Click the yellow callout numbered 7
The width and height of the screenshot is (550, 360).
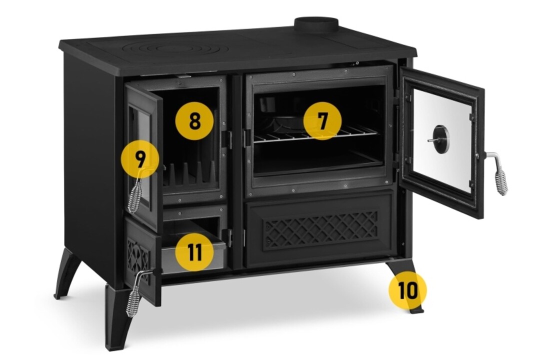tap(322, 120)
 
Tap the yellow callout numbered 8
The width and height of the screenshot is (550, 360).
tap(194, 121)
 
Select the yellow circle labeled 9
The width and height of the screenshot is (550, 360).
tap(140, 159)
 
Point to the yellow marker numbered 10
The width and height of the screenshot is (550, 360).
tap(407, 290)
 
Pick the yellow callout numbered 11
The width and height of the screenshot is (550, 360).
tap(194, 251)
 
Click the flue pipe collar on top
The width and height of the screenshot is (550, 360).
tap(316, 25)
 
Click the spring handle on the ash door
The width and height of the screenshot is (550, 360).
tap(136, 293)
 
